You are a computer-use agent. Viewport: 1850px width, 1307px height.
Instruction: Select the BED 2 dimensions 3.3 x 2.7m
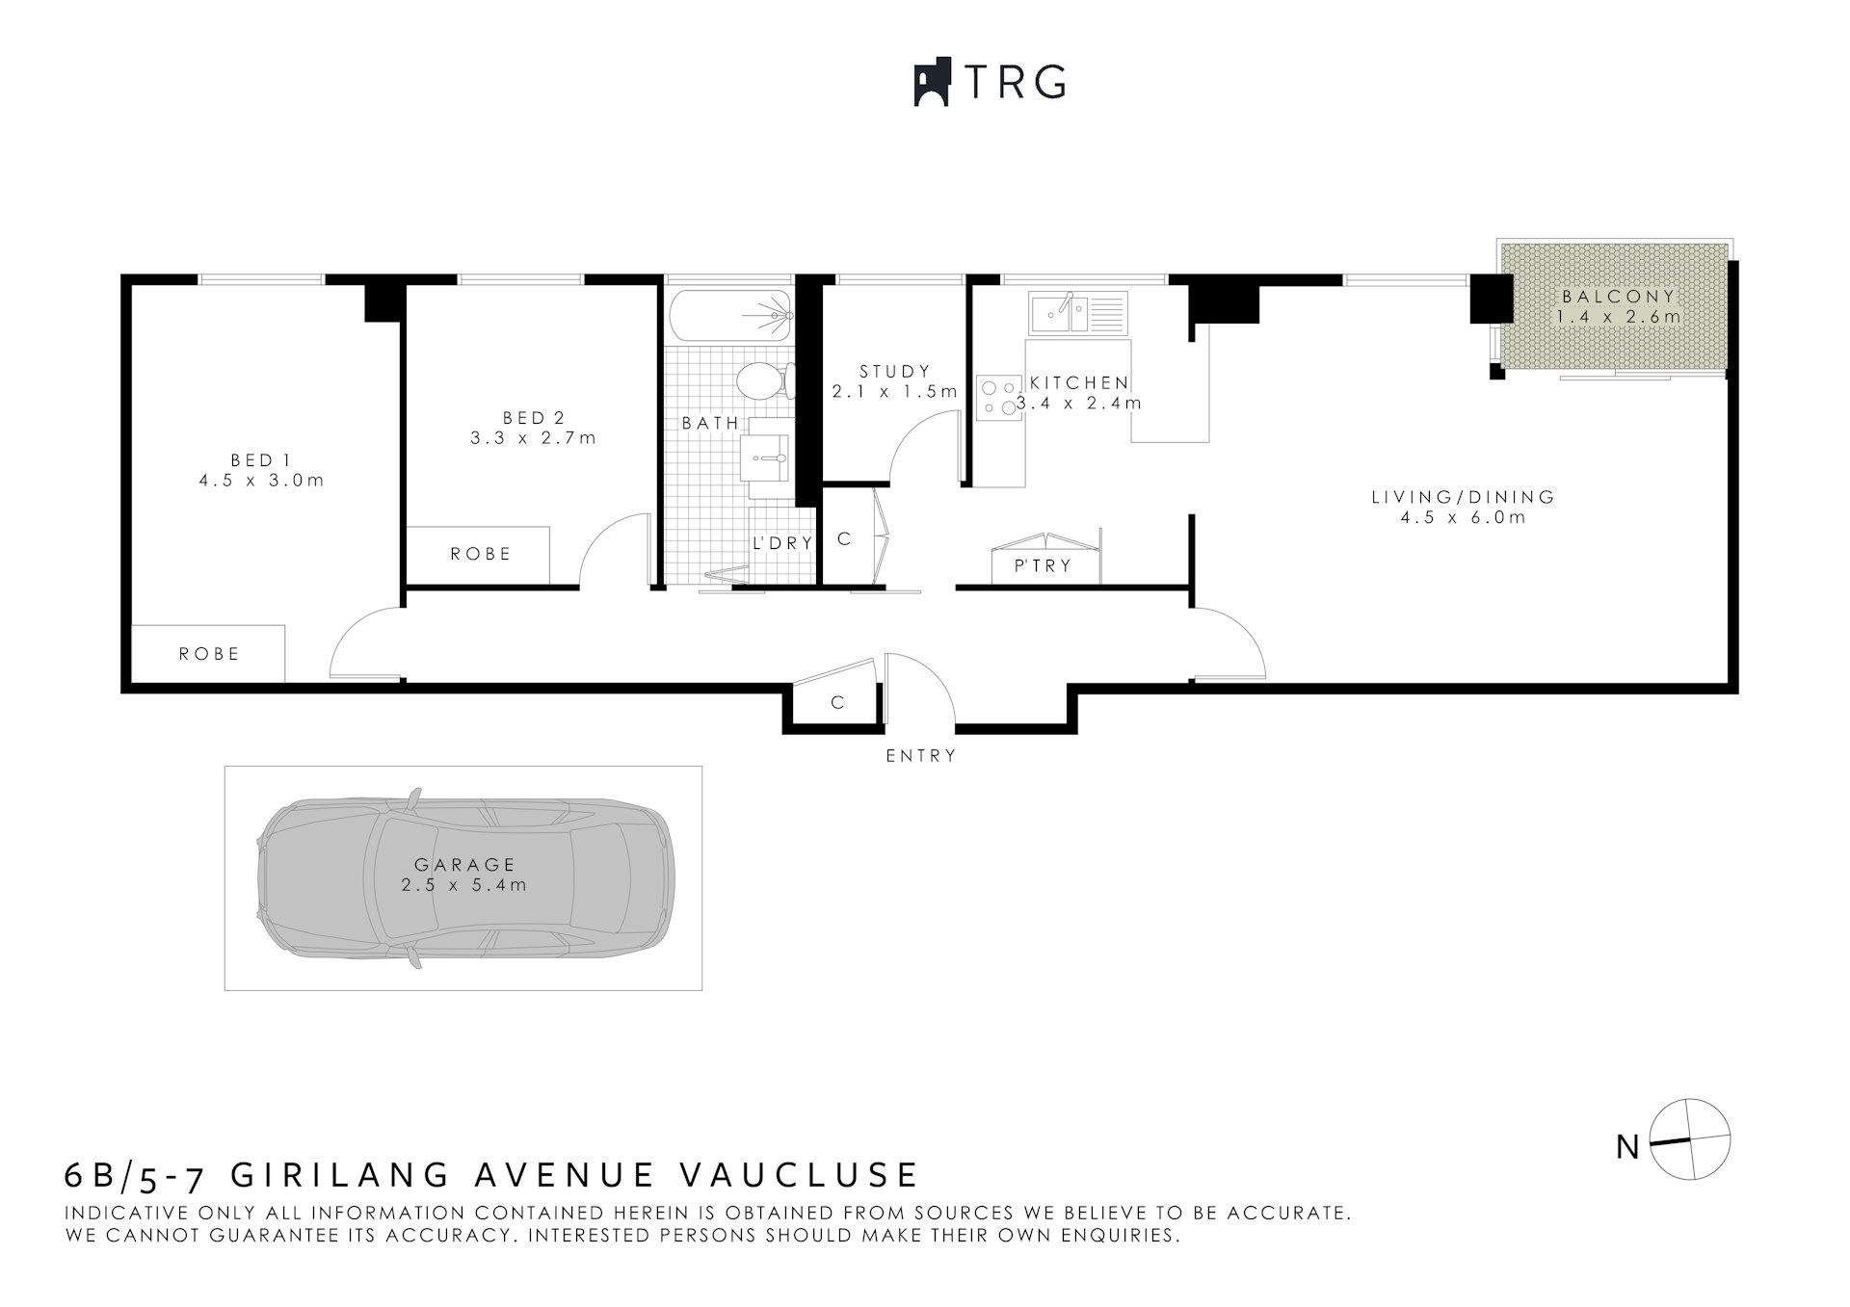(x=533, y=438)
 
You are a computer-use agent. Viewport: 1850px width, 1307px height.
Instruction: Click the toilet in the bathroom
(x=763, y=380)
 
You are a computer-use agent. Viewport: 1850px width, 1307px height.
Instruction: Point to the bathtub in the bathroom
(x=729, y=315)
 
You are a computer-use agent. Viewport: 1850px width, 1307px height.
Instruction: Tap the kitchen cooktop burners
(x=998, y=397)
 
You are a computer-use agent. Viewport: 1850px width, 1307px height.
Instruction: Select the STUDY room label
(x=895, y=371)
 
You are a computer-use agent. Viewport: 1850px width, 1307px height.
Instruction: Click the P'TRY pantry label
(x=1044, y=566)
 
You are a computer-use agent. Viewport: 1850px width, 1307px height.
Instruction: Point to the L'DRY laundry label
(x=782, y=543)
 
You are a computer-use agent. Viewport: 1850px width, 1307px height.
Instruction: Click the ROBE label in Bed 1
(x=209, y=654)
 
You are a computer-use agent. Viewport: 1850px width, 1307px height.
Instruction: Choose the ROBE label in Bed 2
(x=481, y=554)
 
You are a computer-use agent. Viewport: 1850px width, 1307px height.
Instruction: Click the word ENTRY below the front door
(x=921, y=756)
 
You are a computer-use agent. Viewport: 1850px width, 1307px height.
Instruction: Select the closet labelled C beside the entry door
(x=837, y=703)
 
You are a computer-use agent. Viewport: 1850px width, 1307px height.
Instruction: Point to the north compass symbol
(x=1690, y=1139)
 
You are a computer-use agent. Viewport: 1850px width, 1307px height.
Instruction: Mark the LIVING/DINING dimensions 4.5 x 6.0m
(x=1463, y=518)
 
